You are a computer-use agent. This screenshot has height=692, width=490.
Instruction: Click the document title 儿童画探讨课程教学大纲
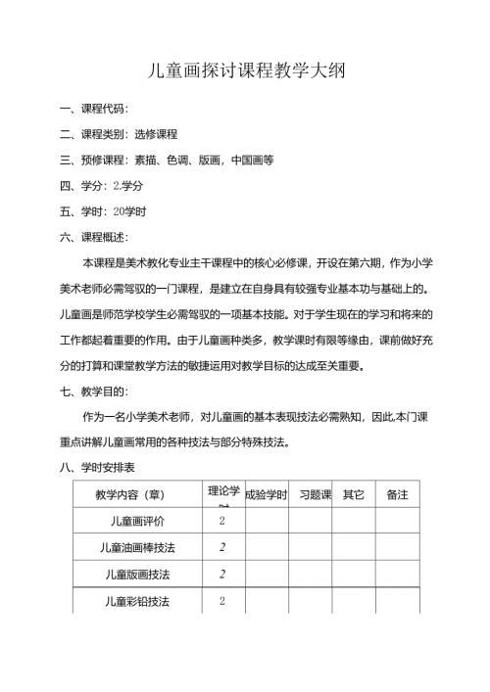pos(244,70)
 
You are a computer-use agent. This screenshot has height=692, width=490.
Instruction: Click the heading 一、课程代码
pos(94,109)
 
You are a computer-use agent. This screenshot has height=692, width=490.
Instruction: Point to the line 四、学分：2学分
pos(102,185)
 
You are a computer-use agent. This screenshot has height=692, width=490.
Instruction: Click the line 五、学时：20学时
pos(103,210)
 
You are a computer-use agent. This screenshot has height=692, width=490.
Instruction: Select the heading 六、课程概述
pos(94,236)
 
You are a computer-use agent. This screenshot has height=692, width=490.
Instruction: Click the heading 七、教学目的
pos(94,391)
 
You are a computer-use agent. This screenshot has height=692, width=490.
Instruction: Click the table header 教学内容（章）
pos(136,495)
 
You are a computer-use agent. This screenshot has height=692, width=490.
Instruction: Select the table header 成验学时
pos(265,495)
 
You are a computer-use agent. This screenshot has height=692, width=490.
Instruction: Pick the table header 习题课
pos(316,495)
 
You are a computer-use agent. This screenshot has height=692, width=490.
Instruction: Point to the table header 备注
pos(398,495)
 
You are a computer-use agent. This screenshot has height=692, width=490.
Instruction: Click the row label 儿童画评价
pos(137,521)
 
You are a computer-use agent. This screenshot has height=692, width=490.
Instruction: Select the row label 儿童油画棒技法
pos(137,547)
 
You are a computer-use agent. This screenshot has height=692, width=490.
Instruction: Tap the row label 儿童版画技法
pos(137,574)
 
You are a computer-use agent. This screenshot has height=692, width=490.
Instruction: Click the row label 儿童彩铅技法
pos(137,601)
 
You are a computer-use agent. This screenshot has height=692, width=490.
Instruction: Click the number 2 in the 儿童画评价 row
pos(222,521)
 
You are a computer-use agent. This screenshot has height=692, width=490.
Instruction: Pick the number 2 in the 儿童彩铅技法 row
pos(222,601)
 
